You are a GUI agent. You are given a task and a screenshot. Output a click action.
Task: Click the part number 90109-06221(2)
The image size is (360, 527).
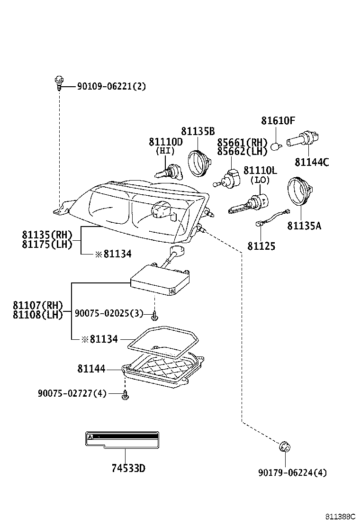[111, 86]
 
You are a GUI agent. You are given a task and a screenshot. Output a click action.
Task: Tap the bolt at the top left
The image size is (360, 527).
[59, 82]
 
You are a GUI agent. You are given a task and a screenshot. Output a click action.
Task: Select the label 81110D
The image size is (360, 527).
[166, 142]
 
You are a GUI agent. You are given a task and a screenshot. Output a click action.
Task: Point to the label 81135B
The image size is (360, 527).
[198, 131]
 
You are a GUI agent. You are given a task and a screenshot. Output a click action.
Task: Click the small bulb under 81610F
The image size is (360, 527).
[275, 146]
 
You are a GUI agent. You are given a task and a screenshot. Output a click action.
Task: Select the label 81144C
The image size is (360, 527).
[312, 163]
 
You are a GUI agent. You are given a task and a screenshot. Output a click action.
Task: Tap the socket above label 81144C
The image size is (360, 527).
[303, 140]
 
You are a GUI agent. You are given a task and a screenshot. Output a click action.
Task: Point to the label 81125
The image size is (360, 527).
[261, 246]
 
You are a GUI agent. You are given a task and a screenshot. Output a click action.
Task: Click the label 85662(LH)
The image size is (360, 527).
[242, 152]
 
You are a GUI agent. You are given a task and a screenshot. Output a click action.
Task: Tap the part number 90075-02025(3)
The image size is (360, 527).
[109, 313]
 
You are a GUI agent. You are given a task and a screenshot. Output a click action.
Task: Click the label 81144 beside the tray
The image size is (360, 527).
[91, 369]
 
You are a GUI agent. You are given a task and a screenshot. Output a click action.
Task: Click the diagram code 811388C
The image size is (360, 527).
[340, 516]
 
